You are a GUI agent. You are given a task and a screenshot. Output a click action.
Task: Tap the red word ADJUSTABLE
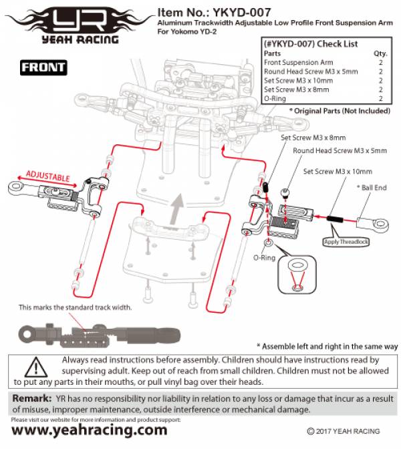click(47, 177)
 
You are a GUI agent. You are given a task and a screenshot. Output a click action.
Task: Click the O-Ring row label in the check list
click(276, 98)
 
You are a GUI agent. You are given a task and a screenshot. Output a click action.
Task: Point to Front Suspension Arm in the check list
click(297, 62)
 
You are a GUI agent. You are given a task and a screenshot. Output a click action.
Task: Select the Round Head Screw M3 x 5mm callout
click(340, 151)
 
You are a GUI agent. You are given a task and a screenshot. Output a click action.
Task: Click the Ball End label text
click(372, 188)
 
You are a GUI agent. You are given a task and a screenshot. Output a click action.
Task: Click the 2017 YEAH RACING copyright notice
click(344, 432)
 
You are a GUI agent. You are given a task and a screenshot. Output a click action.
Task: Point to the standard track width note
click(75, 308)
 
